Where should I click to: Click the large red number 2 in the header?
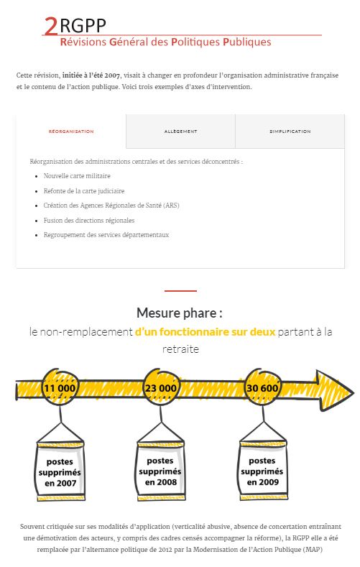click(51, 26)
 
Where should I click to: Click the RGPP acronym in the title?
click(83, 26)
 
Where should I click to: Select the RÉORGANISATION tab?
click(71, 132)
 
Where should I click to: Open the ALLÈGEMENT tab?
click(181, 132)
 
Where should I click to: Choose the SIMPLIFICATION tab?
click(290, 132)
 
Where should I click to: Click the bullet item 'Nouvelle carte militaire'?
click(77, 176)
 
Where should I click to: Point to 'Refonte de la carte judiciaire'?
click(84, 191)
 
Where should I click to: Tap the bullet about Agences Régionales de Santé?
click(111, 206)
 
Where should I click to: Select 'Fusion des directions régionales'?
click(89, 220)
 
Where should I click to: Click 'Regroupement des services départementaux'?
click(106, 235)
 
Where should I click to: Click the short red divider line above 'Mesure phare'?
click(180, 290)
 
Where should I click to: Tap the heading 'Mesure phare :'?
click(180, 313)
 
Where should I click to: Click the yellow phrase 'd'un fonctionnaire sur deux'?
click(205, 331)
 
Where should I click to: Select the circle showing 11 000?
click(60, 387)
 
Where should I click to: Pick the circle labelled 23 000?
click(161, 387)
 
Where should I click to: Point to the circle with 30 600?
click(262, 387)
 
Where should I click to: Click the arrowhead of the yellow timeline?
click(334, 390)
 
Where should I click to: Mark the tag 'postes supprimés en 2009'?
click(263, 471)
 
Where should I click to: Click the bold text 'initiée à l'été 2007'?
click(91, 75)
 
